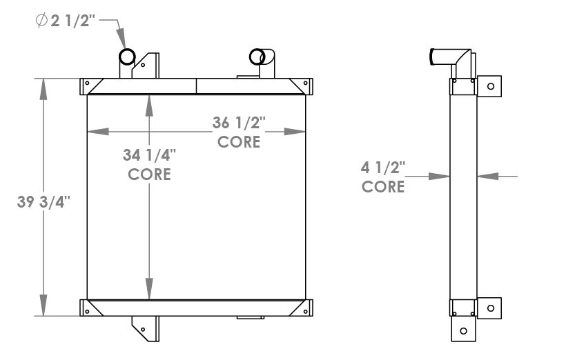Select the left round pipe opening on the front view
(128, 56)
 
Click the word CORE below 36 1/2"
(239, 142)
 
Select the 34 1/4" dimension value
(149, 155)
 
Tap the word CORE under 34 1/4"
(149, 174)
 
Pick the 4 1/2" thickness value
(383, 167)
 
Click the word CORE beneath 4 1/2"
(383, 186)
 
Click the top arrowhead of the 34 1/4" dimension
(150, 102)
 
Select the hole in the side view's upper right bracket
(491, 86)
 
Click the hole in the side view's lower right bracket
(491, 308)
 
